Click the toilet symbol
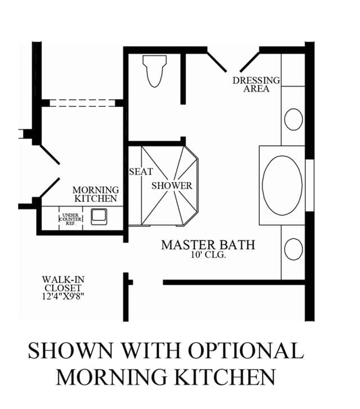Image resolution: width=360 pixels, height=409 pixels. [x=155, y=71]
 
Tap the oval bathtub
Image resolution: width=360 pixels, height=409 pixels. [x=282, y=186]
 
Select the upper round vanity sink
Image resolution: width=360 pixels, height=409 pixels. [x=294, y=119]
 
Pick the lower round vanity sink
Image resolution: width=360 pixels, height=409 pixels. [x=294, y=249]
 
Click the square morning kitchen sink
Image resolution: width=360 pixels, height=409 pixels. [x=99, y=217]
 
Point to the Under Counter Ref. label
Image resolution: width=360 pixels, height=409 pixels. [x=70, y=219]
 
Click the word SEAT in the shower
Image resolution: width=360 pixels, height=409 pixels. [x=141, y=172]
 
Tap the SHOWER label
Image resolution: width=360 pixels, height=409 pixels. [x=172, y=186]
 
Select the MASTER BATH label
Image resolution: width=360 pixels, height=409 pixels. [x=208, y=245]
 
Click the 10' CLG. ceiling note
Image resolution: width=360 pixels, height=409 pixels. [x=208, y=255]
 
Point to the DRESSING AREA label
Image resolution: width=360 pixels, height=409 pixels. [x=256, y=84]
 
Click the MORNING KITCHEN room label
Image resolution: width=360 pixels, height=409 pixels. [x=96, y=194]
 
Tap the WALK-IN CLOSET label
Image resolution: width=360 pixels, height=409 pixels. [x=64, y=284]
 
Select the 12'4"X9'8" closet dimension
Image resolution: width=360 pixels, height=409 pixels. [x=64, y=296]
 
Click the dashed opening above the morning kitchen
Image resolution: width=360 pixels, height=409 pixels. [x=83, y=103]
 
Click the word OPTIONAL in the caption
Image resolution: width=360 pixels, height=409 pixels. [x=246, y=350]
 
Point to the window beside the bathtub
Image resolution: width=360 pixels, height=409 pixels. [x=309, y=186]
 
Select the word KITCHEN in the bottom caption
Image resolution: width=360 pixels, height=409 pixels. [x=225, y=377]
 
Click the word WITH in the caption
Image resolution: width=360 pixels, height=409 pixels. [x=151, y=350]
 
